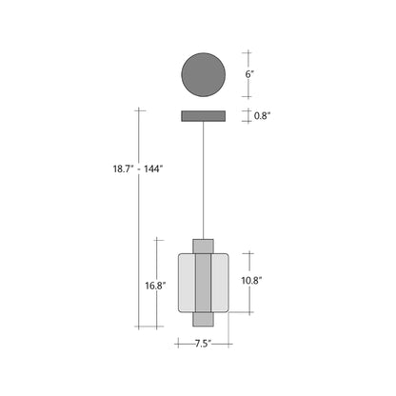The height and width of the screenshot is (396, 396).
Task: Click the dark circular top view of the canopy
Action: coord(203,74)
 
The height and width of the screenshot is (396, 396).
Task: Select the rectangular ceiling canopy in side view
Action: coord(203,116)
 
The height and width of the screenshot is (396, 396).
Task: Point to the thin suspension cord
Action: coord(203,181)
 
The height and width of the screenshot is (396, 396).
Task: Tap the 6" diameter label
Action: coord(248,74)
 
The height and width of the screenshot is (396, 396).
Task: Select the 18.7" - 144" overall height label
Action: coord(138,168)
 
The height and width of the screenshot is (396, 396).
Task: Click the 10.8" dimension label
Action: coord(252,281)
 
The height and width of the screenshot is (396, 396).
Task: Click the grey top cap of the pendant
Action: coord(203,246)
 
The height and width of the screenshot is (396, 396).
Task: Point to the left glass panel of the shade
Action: coord(186,282)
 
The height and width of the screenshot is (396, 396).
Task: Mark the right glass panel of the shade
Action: coord(220,282)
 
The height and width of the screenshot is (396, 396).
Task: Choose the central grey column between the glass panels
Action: coord(203,282)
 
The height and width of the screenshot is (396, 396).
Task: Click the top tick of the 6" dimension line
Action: coord(248,51)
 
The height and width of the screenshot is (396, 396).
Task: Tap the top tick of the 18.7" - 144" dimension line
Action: coord(140,110)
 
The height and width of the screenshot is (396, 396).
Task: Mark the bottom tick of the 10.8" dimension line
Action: coord(248,313)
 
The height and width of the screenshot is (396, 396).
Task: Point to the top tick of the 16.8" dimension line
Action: coord(157,239)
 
